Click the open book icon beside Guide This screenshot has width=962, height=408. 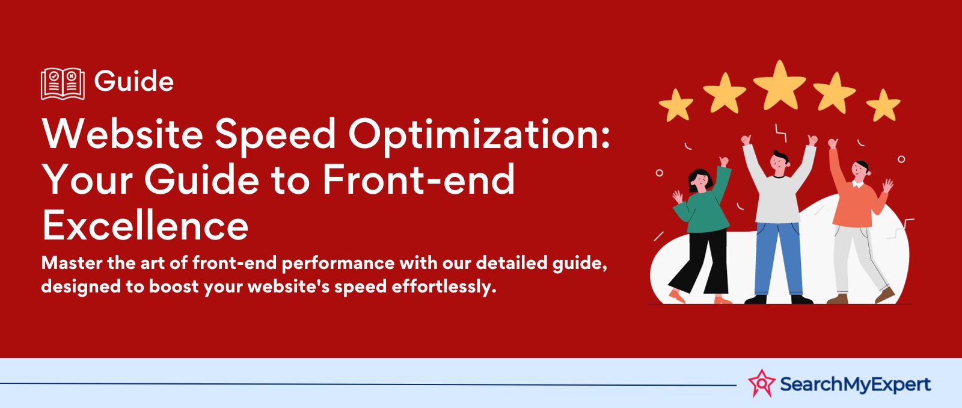tap(63, 84)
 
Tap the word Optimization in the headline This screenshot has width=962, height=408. tap(479, 135)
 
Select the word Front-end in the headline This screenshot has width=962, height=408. tap(418, 180)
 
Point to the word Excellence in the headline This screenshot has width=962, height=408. tap(145, 226)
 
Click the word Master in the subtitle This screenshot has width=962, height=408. tap(72, 263)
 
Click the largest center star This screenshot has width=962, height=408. tap(779, 86)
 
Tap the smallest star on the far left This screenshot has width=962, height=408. tap(676, 105)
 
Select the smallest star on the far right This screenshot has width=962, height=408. tap(883, 105)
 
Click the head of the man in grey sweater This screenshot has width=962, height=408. tap(779, 162)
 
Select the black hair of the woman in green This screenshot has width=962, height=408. tap(699, 178)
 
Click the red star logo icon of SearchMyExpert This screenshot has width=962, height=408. tap(762, 383)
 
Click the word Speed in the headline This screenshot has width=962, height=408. tap(275, 135)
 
